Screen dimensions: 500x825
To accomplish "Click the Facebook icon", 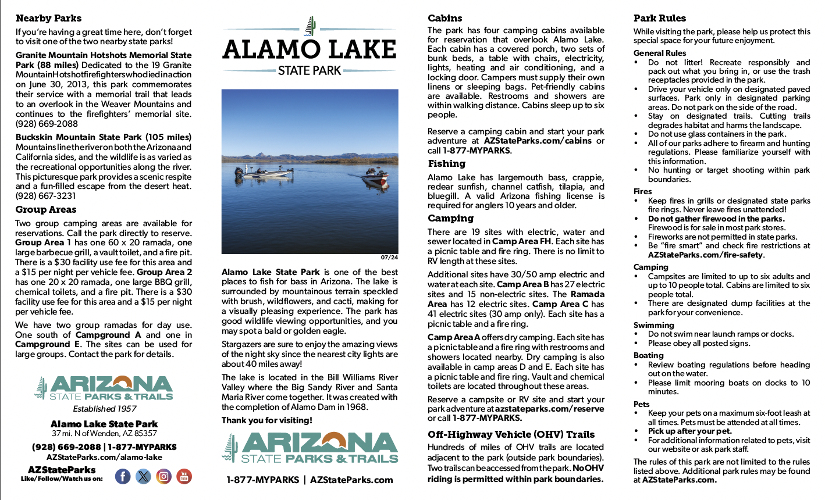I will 123,477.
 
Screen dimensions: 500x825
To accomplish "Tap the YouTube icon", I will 184,477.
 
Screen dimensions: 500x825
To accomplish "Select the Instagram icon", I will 164,477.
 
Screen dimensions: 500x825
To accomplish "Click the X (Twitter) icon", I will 143,477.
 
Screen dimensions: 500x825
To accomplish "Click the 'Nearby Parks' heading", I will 48,18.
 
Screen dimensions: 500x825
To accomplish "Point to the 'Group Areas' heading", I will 46,209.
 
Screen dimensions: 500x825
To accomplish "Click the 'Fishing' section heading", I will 446,164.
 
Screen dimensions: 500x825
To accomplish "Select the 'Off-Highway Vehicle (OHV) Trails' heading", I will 511,434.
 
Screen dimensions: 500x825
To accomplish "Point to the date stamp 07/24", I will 389,258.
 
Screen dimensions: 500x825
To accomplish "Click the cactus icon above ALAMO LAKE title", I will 310,26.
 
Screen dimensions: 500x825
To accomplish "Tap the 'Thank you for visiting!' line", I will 266,420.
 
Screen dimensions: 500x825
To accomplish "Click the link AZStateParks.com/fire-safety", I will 705,255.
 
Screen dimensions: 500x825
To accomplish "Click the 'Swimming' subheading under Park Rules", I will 653,325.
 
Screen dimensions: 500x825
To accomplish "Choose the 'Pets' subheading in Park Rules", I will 641,403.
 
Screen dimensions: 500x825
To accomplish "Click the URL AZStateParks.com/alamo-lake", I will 104,458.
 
